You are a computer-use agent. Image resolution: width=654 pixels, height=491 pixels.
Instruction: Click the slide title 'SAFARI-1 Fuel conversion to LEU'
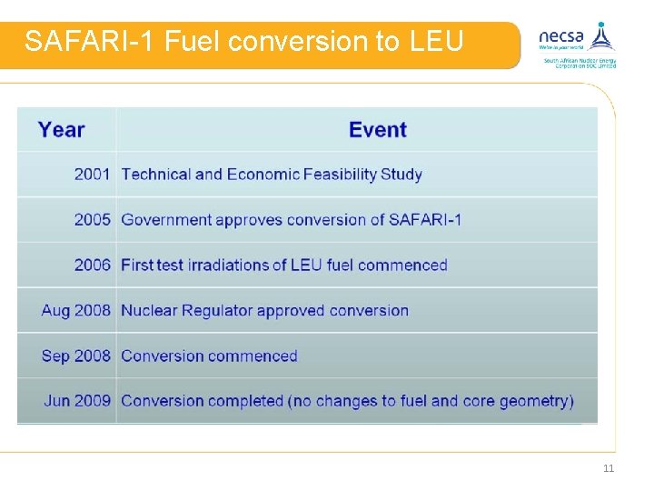tap(243, 42)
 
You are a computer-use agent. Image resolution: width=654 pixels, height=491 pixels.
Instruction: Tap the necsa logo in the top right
tap(577, 44)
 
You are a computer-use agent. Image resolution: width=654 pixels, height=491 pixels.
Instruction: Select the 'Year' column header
tap(62, 129)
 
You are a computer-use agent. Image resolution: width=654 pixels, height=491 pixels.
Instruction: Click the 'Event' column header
tap(378, 129)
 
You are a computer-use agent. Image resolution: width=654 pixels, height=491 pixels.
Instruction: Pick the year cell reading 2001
tap(92, 174)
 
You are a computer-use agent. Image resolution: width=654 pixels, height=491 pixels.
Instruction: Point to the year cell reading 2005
tap(92, 219)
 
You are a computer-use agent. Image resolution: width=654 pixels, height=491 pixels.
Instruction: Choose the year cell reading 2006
tap(92, 265)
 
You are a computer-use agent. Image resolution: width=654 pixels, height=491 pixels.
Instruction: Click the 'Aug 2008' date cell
tap(76, 310)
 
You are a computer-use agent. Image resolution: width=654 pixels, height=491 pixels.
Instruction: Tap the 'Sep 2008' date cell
tap(76, 356)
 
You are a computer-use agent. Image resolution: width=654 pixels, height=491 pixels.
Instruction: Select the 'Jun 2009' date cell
tap(77, 400)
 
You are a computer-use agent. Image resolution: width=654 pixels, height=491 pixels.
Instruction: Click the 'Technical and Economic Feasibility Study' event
tap(272, 174)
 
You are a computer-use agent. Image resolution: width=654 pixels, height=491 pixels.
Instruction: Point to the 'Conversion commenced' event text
tap(209, 356)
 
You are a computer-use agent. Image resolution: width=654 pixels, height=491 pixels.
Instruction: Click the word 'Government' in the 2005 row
tap(169, 220)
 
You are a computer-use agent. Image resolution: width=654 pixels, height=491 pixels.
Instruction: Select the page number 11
tap(609, 468)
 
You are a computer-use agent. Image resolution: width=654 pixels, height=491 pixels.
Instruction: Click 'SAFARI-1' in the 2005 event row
tap(425, 219)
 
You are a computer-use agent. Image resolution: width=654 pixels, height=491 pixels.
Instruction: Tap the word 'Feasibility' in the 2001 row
tap(341, 174)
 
